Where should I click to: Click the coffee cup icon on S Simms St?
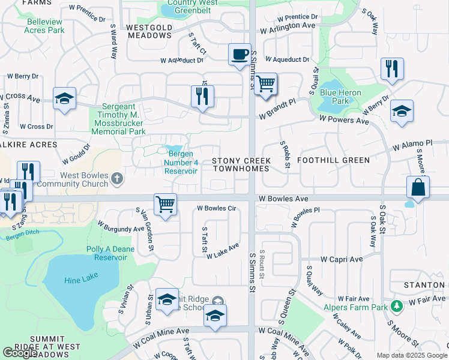pos(240,54)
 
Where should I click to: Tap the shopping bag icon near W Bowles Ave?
pos(418,187)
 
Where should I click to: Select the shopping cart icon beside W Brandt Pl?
pos(265,84)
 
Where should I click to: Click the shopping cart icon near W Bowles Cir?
pos(165,203)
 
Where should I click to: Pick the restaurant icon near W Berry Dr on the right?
pos(391,68)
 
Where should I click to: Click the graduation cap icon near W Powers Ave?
pos(402,111)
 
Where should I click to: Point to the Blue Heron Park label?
pos(334,97)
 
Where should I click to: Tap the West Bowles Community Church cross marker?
pos(116,178)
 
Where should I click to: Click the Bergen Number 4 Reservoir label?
pos(181,162)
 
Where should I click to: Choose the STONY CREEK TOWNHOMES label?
pos(241,166)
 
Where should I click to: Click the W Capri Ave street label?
pos(342,259)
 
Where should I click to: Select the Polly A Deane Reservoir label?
pos(110,253)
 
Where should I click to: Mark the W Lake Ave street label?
pos(223,251)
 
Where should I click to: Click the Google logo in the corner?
pos(20,353)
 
